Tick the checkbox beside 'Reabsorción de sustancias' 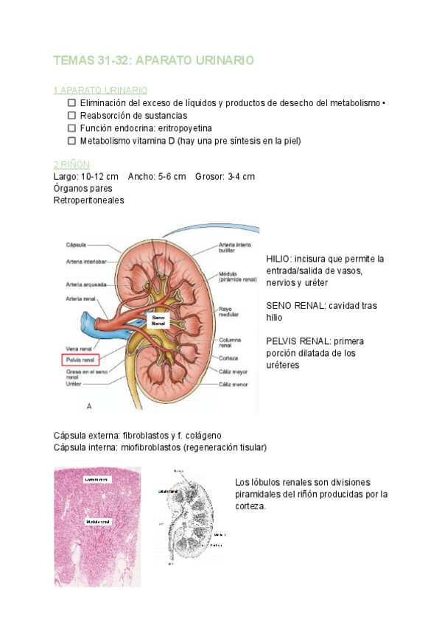(71, 115)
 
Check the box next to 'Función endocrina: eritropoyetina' (71, 128)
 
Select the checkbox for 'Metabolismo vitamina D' (71, 140)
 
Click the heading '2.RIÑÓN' (71, 164)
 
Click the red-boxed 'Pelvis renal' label (80, 360)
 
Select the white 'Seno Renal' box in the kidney (159, 319)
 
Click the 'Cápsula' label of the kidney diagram (77, 245)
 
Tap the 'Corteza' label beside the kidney (230, 358)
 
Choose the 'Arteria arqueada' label (86, 284)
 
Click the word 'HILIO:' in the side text (279, 259)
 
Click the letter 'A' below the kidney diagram (89, 405)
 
